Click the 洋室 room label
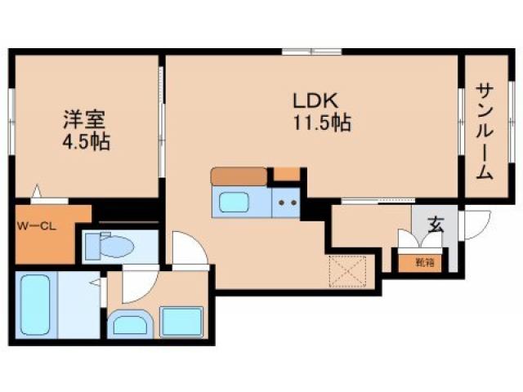[84, 119]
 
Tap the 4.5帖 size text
[84, 141]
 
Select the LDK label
[313, 100]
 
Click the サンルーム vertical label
[485, 131]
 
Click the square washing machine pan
[181, 322]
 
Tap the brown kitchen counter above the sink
[239, 175]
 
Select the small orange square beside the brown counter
[286, 173]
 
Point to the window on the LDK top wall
[311, 53]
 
